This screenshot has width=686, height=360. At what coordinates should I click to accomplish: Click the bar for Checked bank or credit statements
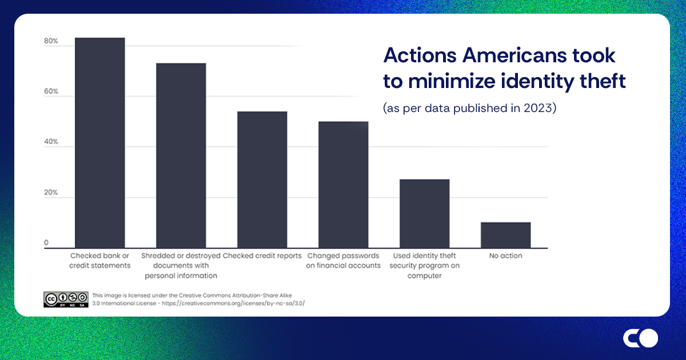click(x=100, y=143)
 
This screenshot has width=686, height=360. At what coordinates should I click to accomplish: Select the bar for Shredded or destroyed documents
click(x=181, y=155)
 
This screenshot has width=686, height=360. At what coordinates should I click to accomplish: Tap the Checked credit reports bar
click(x=262, y=179)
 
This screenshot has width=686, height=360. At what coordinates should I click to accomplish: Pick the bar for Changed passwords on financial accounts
click(x=343, y=185)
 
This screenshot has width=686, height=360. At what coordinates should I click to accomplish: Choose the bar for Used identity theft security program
click(x=424, y=214)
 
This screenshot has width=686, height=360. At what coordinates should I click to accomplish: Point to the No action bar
click(x=505, y=235)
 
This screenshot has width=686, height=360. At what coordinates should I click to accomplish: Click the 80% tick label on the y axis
click(x=51, y=41)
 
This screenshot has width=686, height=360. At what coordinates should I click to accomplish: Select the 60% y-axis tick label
click(x=51, y=91)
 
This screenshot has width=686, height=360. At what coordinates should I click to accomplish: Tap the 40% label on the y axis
click(x=51, y=142)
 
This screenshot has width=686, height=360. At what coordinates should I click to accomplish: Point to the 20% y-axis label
click(x=51, y=193)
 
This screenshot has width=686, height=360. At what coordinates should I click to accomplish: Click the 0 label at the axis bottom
click(x=46, y=243)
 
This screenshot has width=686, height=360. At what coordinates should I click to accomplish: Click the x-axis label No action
click(x=505, y=256)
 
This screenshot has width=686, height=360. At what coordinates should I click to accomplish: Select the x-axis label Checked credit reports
click(x=262, y=256)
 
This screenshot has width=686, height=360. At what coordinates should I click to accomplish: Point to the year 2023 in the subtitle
click(x=539, y=109)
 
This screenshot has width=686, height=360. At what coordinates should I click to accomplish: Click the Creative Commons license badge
click(x=66, y=299)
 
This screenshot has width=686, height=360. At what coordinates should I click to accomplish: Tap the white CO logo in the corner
click(x=640, y=338)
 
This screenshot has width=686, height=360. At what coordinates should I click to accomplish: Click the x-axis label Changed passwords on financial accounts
click(x=343, y=261)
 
